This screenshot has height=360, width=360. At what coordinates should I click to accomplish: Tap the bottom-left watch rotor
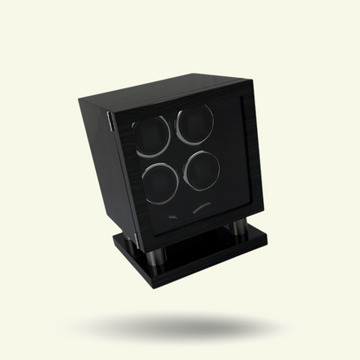tap(158, 182)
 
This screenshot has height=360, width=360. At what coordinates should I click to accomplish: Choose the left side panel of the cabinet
tap(104, 156)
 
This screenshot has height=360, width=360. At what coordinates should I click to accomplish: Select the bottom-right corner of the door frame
tap(260, 207)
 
